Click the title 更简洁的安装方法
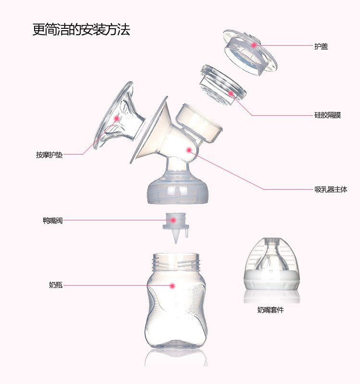click(81, 30)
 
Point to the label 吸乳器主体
click(331, 190)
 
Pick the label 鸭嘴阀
click(52, 221)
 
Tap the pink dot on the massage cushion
click(116, 118)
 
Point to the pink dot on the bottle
click(172, 286)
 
